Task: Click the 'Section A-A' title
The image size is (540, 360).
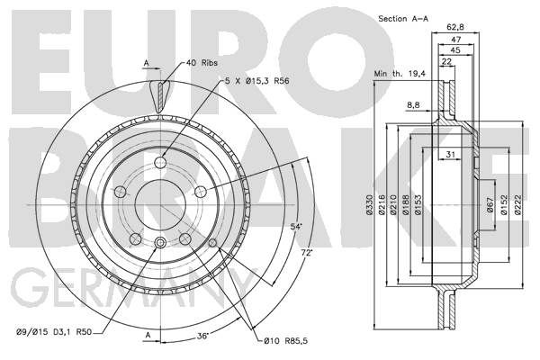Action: [x=403, y=19]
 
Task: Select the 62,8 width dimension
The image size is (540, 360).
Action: [x=454, y=26]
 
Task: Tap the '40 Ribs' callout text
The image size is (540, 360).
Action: [x=202, y=63]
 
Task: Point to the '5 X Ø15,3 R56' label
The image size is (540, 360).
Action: [x=256, y=81]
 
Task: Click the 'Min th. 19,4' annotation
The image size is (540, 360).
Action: [x=400, y=74]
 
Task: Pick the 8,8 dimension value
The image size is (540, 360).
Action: [x=413, y=105]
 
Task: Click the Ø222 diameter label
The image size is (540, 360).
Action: [x=518, y=204]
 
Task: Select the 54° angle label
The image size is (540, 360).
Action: [x=296, y=227]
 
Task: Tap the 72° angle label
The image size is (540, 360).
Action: [x=307, y=253]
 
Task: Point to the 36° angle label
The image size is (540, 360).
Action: [x=203, y=336]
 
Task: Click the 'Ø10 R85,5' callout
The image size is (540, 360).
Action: [x=286, y=341]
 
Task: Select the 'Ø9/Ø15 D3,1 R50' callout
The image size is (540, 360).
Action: [x=54, y=332]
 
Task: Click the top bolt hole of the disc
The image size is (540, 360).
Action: [x=160, y=162]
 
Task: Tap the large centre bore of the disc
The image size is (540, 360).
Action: [x=160, y=204]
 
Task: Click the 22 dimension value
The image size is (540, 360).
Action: [x=446, y=62]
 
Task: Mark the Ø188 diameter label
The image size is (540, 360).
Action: [x=405, y=204]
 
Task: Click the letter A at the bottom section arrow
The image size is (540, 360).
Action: [x=148, y=335]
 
